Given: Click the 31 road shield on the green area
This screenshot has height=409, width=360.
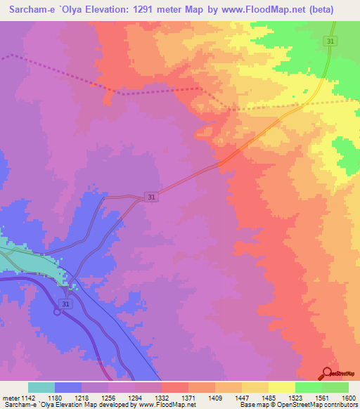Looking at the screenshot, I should (x=330, y=43).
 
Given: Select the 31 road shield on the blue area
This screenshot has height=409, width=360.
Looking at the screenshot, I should (x=65, y=304).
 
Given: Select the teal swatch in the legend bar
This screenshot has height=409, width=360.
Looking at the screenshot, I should (x=41, y=387).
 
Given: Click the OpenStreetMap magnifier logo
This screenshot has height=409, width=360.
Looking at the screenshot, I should (x=326, y=374).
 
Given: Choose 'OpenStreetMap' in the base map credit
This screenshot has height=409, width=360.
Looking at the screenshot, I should (x=314, y=405).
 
